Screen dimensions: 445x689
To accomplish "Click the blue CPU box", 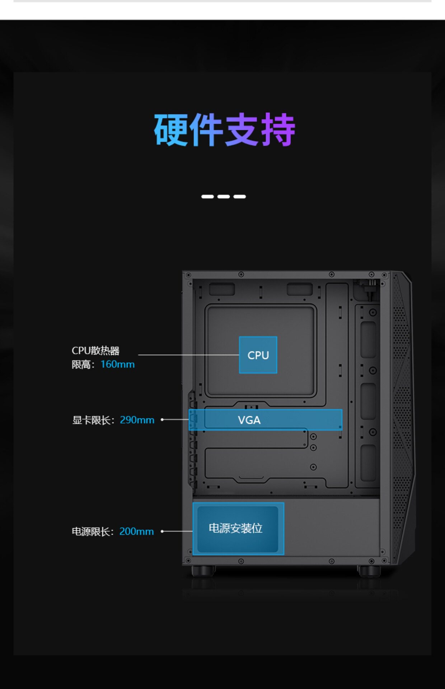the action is coord(258,355).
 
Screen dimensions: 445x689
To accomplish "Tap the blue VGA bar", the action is coord(266,420).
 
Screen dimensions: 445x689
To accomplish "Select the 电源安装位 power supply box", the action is coord(238,529).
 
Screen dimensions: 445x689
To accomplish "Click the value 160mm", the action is coord(118,364).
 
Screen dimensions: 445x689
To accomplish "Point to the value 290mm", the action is coord(137,420).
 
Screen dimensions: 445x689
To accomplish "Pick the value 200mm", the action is coord(136,531).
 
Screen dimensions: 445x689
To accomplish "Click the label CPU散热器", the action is coord(95,351).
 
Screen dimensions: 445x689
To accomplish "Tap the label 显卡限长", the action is coord(92,420).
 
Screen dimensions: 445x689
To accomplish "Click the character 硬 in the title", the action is coord(171,130).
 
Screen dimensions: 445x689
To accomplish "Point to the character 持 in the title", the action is coord(278,130).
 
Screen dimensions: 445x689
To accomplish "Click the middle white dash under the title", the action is coord(224,197).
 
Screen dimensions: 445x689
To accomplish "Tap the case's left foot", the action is coord(203,571).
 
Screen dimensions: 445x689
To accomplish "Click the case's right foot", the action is coord(369,571).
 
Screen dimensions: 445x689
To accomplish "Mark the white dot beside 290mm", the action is coord(163,420).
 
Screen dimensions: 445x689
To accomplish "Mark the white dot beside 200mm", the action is coord(163,531).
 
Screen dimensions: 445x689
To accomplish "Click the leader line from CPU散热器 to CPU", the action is coord(188,355).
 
